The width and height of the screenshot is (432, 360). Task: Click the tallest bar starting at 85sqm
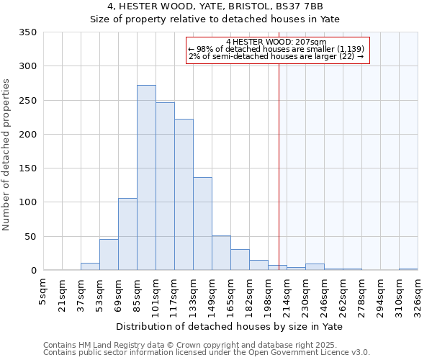[146, 178]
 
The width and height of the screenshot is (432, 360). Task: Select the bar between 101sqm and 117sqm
[165, 186]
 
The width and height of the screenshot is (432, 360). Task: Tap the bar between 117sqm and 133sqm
[184, 194]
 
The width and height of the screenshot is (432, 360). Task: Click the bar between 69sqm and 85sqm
[127, 234]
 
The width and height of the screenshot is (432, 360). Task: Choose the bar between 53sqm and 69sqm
[109, 255]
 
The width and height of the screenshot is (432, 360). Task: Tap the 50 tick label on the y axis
[30, 237]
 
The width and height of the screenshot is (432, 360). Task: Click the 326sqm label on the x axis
[418, 294]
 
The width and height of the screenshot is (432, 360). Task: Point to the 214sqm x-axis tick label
[287, 294]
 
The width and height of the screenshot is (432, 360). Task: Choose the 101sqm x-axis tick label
[156, 294]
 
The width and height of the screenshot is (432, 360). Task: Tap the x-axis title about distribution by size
[230, 327]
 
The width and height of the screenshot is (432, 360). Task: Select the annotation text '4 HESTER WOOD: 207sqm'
[276, 42]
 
